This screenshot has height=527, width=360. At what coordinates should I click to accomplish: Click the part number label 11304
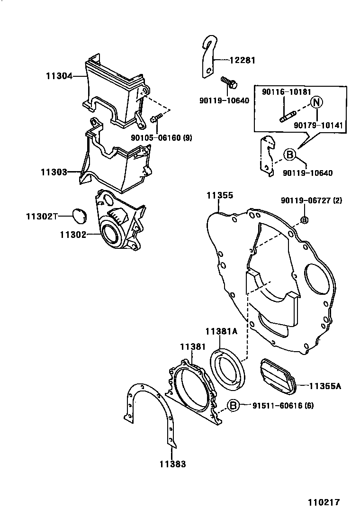click(x=59, y=75)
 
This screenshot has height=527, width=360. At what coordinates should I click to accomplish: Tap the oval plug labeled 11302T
click(x=78, y=216)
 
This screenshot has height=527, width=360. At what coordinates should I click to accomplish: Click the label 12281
click(x=243, y=60)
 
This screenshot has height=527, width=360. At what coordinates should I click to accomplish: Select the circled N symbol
click(x=316, y=103)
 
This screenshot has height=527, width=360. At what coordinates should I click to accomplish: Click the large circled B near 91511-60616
click(x=233, y=405)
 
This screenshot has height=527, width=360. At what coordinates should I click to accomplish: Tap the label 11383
click(x=172, y=464)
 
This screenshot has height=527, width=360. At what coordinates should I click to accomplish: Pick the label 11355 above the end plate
click(x=219, y=195)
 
